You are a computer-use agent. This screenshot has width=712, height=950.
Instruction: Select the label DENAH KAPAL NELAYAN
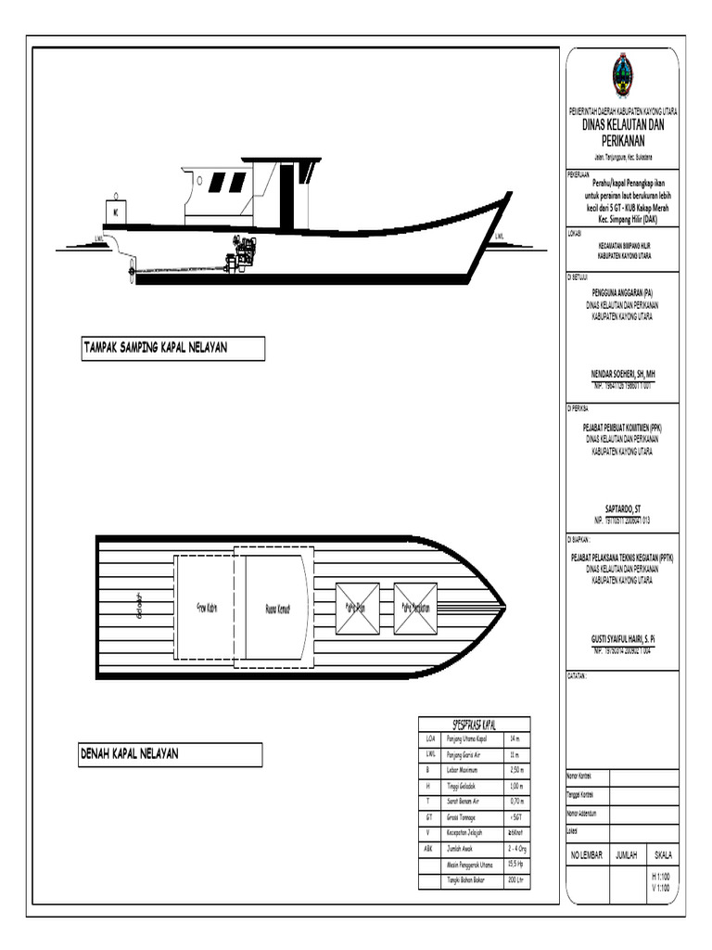click(x=130, y=754)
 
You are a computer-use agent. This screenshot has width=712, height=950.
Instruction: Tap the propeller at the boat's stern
click(x=132, y=271)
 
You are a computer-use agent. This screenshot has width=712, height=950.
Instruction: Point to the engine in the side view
click(x=243, y=253)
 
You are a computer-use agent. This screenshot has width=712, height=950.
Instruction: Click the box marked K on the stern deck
click(x=116, y=212)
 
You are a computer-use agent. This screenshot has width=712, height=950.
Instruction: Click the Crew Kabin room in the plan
click(x=205, y=609)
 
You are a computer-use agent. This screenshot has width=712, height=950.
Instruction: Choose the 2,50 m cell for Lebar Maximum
click(x=516, y=770)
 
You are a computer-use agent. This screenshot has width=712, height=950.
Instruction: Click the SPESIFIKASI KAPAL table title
click(x=474, y=724)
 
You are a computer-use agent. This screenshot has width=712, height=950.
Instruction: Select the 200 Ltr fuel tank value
click(x=516, y=879)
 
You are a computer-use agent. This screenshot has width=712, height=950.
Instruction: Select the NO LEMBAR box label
click(x=586, y=854)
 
